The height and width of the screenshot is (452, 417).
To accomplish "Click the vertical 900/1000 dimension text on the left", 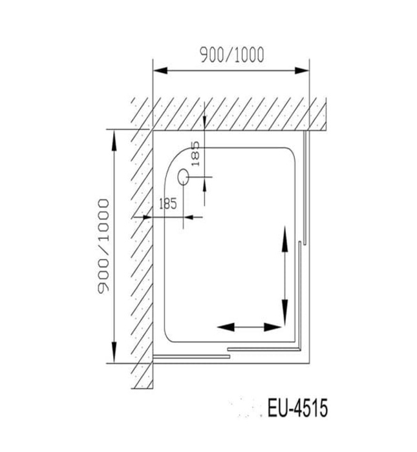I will tap(102, 246).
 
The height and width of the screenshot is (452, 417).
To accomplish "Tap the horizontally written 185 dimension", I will tap(167, 204).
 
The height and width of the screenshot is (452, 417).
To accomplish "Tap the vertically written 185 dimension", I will tap(196, 156).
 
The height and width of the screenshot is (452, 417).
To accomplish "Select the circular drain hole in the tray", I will tap(184, 175).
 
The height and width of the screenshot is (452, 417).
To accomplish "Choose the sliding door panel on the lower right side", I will tap(299, 294).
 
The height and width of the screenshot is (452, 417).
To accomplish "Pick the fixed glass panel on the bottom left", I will tap(191, 354).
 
